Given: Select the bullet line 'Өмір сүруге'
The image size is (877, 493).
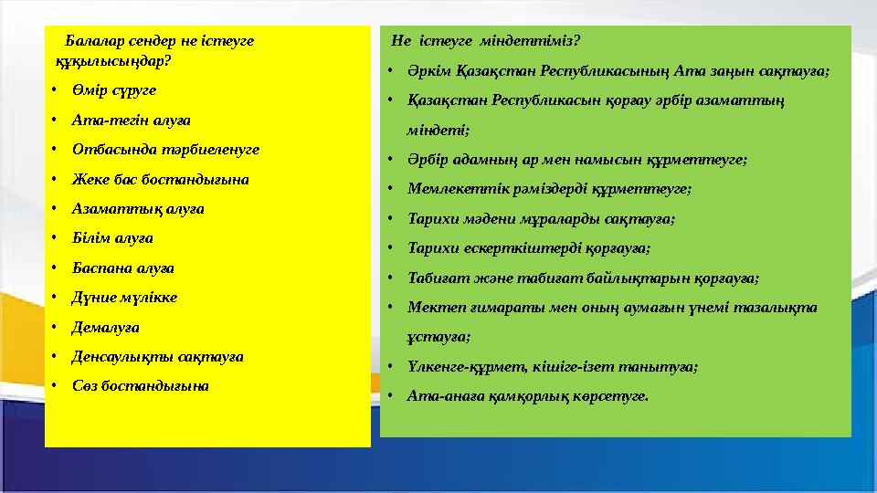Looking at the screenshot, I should click(x=115, y=90).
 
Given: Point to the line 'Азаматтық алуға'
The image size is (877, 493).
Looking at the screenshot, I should click(x=139, y=208).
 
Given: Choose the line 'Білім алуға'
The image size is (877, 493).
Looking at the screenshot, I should click(x=113, y=238).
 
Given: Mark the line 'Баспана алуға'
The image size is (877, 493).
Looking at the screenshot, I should click(x=124, y=267).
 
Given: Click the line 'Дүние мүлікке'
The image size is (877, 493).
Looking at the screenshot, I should click(x=126, y=298).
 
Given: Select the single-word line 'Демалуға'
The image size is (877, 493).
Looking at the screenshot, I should click(x=107, y=327).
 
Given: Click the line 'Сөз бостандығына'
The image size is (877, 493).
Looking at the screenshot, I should click(x=142, y=385).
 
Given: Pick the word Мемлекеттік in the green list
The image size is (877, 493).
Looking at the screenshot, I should click(x=449, y=189).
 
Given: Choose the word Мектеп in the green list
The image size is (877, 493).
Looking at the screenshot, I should click(x=430, y=307).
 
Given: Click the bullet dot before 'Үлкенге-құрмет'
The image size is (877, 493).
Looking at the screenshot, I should click(x=389, y=367).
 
